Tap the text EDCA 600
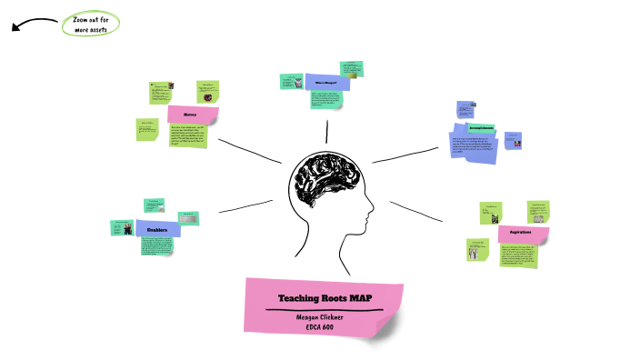[x=324, y=327]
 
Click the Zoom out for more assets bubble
[x=91, y=25]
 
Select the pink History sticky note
[x=193, y=115]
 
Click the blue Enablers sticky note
[x=158, y=229]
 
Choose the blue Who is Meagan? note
[x=326, y=82]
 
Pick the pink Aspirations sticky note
[x=522, y=234]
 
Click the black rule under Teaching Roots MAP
[x=324, y=310]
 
